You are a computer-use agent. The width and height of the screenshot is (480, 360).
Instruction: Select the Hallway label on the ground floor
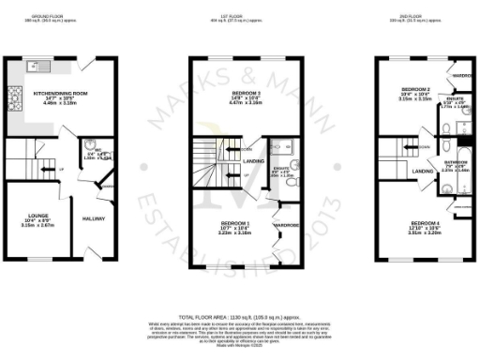94,219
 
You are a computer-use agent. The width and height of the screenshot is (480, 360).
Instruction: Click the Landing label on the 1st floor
251,162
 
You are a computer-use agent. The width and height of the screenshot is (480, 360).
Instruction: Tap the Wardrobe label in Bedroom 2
462,74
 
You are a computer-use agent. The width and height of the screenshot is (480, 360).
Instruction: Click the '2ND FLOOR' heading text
417,17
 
